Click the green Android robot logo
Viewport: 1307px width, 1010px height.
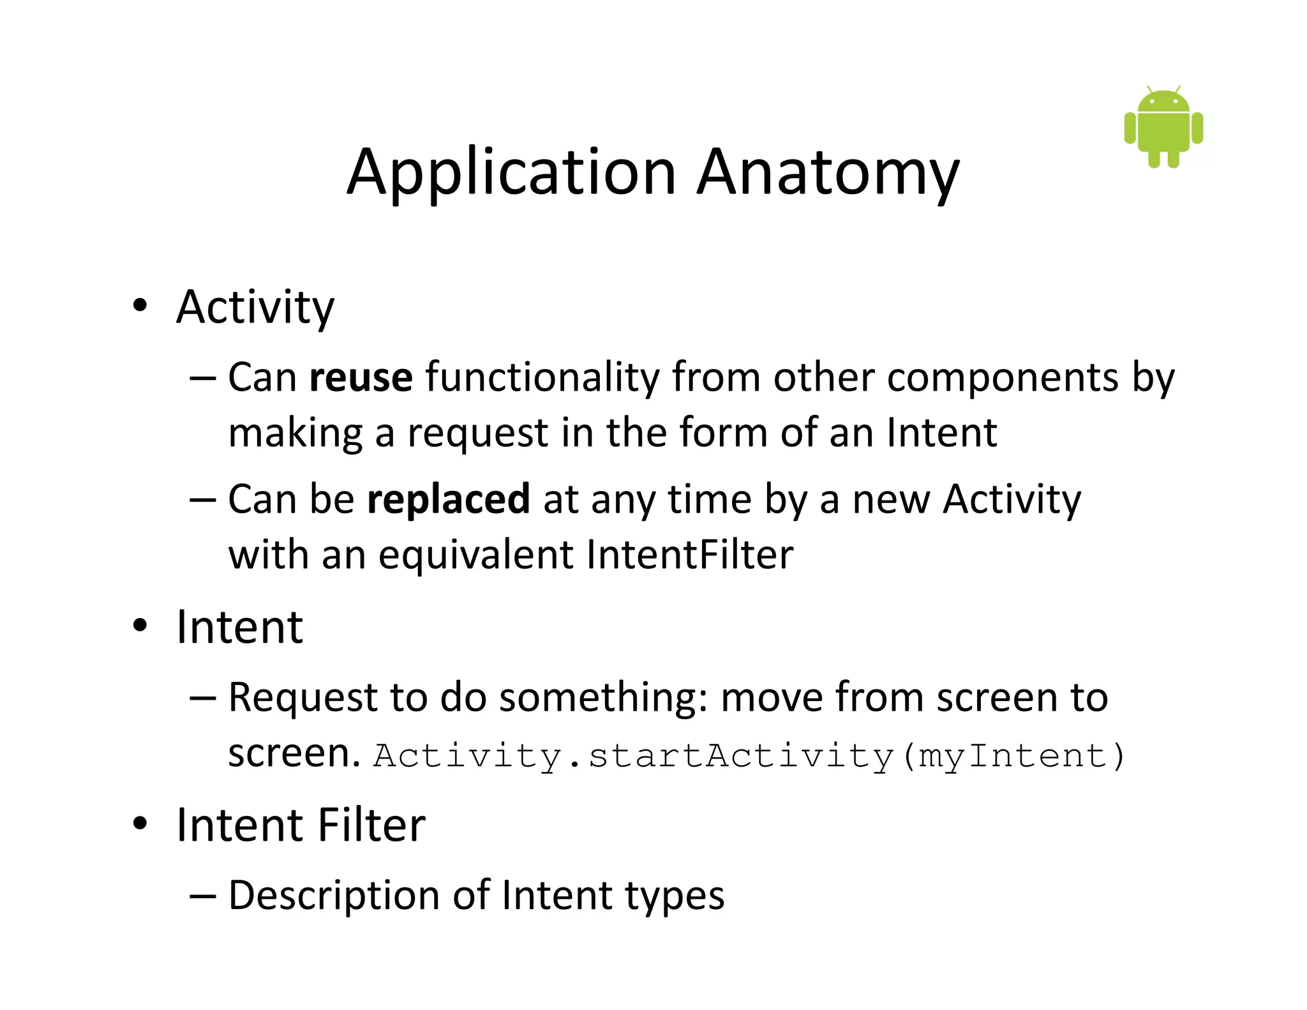point(1163,128)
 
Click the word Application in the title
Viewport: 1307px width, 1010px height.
point(511,172)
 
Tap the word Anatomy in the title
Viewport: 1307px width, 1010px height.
point(828,172)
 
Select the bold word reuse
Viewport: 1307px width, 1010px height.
point(361,377)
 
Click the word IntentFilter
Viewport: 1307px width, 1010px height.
point(689,554)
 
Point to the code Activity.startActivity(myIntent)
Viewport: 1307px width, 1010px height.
point(748,756)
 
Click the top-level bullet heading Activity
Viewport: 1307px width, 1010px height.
point(255,308)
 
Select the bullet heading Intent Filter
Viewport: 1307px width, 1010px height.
point(301,825)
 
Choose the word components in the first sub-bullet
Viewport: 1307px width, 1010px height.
point(1003,377)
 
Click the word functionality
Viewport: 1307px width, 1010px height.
point(542,377)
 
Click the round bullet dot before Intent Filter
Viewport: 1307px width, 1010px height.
point(140,824)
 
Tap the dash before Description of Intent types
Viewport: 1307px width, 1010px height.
point(203,896)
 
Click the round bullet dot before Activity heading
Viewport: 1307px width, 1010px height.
point(140,306)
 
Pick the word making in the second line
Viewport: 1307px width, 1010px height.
point(295,433)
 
